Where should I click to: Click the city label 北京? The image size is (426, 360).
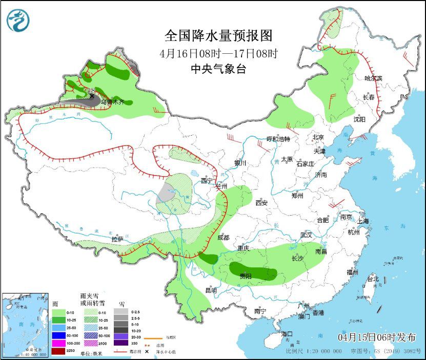(318, 137)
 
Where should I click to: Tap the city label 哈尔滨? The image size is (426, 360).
(373, 78)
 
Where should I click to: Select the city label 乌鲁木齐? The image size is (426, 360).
(112, 102)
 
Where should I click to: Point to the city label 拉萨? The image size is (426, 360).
(117, 239)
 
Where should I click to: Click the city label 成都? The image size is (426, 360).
(224, 238)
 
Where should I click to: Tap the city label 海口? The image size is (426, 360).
(287, 334)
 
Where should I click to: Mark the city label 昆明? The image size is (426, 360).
(211, 290)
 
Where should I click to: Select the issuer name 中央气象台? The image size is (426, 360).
(218, 69)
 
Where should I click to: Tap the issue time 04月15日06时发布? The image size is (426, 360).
(377, 337)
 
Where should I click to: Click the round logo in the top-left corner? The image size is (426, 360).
(18, 20)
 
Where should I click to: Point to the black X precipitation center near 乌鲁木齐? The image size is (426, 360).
(92, 96)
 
